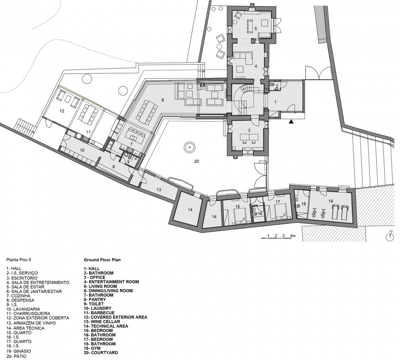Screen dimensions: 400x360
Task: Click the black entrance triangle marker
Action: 291,122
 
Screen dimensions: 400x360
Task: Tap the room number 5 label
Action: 255,28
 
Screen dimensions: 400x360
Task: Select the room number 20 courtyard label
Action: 196,161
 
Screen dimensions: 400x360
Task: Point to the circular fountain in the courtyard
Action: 189,147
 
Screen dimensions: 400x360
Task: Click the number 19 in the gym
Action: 330,201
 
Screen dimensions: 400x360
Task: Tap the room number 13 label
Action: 159,190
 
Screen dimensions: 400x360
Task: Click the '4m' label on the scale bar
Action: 292,235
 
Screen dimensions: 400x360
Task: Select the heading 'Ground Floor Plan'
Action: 102,260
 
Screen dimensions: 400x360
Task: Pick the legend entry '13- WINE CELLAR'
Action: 102,322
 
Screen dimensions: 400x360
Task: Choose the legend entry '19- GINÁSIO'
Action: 19,351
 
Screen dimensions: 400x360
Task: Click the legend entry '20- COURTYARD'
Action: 101,352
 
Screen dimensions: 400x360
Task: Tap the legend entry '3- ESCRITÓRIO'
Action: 22,278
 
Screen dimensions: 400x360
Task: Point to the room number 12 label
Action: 62,111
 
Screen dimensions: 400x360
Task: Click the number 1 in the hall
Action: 275,102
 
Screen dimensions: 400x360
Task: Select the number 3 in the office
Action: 249,130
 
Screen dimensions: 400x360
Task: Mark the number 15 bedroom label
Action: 237,206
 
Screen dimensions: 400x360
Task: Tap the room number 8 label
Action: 113,167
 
